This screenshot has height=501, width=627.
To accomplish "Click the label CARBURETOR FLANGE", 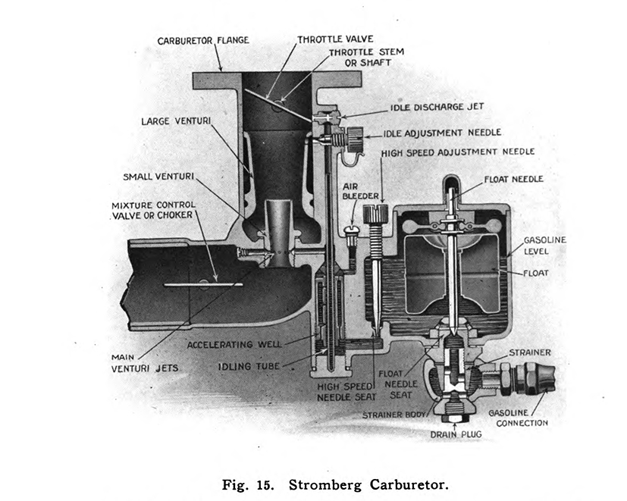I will [x=203, y=39].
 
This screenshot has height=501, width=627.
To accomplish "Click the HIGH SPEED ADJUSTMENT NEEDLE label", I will [x=459, y=152].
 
